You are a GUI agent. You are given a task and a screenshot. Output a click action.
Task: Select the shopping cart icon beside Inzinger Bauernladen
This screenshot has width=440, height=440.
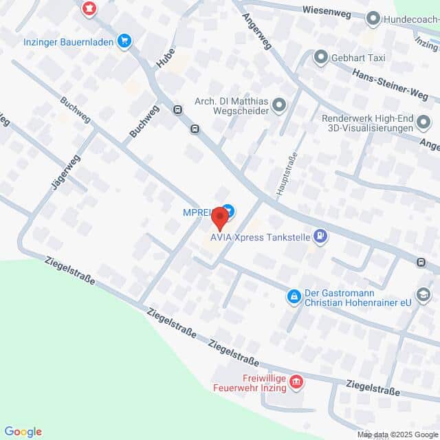pos(124,41)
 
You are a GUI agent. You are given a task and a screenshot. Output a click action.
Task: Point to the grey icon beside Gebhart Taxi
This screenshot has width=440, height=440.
pos(320,57)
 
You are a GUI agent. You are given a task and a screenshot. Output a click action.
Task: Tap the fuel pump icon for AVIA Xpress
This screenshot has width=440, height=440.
pos(320,238)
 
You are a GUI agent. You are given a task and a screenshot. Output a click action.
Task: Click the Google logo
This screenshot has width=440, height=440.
pos(23,432)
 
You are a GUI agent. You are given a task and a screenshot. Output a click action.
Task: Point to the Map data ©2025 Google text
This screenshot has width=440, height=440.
pos(397,434)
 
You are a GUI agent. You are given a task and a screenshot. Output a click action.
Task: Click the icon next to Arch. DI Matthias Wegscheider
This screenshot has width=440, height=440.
pos(278,104)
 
